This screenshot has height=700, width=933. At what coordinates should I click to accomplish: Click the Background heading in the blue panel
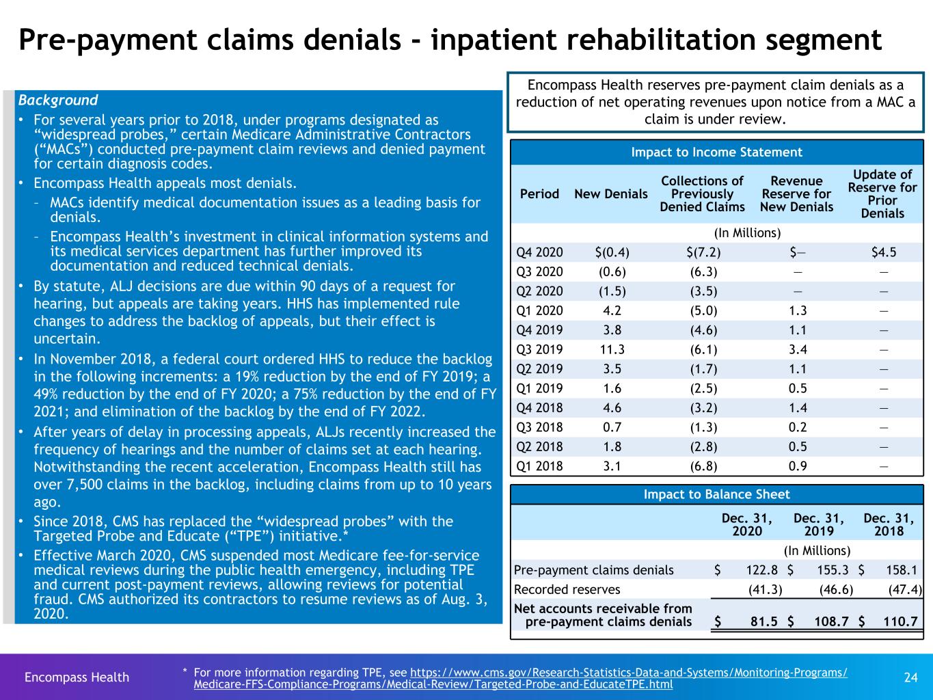(58, 100)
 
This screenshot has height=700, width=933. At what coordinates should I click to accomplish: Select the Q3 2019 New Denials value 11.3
(612, 349)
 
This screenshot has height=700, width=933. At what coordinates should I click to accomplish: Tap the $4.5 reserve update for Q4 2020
(884, 252)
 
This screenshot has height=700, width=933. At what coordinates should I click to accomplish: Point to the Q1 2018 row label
(539, 466)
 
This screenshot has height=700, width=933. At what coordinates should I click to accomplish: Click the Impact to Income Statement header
(716, 152)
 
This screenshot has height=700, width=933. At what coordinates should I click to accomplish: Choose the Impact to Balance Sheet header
(716, 494)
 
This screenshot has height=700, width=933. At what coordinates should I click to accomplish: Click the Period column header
(539, 194)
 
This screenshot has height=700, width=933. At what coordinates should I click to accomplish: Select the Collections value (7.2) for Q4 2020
(703, 252)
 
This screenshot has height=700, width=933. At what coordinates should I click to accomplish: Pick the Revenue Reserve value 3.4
(798, 349)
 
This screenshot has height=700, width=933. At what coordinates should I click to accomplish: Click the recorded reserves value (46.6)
(836, 589)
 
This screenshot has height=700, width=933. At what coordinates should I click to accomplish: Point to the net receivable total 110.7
(900, 622)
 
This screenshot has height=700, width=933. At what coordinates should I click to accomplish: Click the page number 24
(910, 677)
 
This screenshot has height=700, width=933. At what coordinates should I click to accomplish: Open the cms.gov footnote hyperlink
(520, 678)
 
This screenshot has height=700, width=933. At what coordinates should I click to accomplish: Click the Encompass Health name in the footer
(77, 677)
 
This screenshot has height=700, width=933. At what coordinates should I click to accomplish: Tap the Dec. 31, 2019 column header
(819, 524)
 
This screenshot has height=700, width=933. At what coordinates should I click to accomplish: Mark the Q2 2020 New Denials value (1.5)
(612, 291)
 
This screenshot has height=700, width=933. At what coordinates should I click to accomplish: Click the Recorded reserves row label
(567, 589)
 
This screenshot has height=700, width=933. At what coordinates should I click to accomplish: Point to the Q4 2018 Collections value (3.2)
(703, 408)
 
